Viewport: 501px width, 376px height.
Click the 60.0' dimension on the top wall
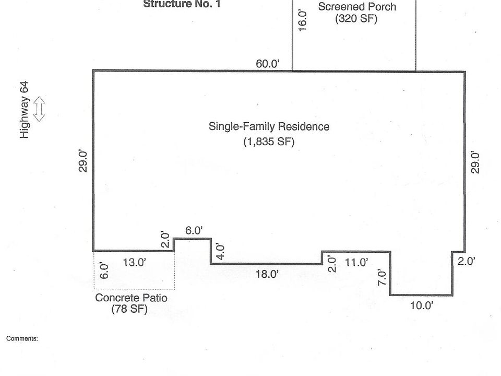coord(268,64)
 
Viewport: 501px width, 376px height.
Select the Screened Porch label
coord(357,7)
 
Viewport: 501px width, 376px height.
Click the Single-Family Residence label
coord(269,126)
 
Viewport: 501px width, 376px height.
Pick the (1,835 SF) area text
coord(269,142)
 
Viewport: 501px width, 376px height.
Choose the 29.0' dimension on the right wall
coord(474,162)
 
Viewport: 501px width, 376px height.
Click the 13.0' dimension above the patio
coord(134,263)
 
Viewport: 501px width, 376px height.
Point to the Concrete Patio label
coord(131,298)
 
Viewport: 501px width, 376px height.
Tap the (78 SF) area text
coord(129,310)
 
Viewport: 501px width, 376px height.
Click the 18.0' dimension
coord(267,274)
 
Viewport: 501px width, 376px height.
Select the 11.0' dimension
coord(356,263)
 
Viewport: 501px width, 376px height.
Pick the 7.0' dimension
coord(382,276)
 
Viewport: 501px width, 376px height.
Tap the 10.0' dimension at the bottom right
coord(422,306)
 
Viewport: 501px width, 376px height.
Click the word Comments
coord(22,338)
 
